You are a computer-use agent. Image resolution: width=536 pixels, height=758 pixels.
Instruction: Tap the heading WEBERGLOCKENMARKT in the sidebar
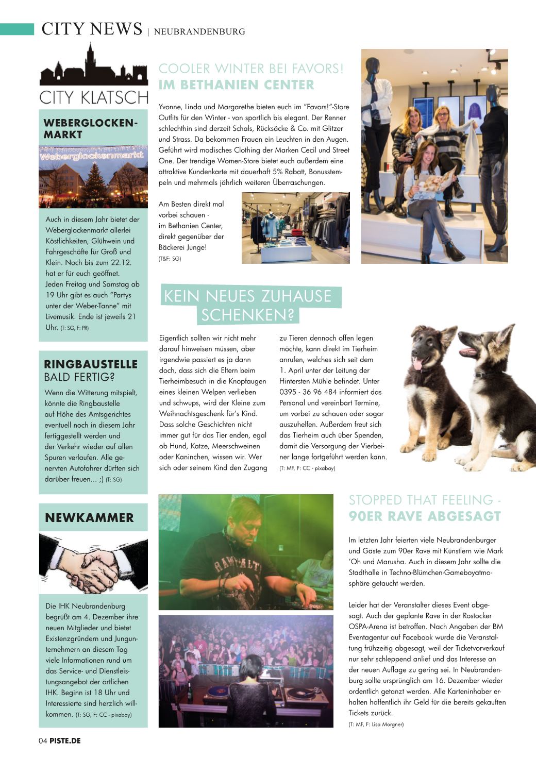tap(91, 129)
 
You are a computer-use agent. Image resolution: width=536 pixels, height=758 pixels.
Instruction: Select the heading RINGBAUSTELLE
tap(91, 364)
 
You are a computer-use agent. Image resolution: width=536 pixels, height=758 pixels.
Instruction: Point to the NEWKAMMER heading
tap(89, 518)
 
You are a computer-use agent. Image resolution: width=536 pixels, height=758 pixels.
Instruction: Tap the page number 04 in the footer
tap(43, 741)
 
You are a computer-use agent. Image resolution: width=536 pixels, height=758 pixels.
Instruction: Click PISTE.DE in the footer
tap(65, 741)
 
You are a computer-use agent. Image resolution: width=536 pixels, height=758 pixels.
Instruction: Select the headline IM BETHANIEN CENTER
tap(237, 85)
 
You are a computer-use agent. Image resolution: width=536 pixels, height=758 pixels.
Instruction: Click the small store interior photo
tap(295, 228)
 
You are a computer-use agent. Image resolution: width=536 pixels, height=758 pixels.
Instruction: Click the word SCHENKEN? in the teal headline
tap(247, 315)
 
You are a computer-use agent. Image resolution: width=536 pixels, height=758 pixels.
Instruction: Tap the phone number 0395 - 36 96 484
tap(308, 392)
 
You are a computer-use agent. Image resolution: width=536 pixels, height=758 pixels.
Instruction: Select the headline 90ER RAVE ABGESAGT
tap(425, 516)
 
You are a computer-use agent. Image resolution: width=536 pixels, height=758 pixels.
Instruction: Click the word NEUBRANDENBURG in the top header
tap(199, 32)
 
